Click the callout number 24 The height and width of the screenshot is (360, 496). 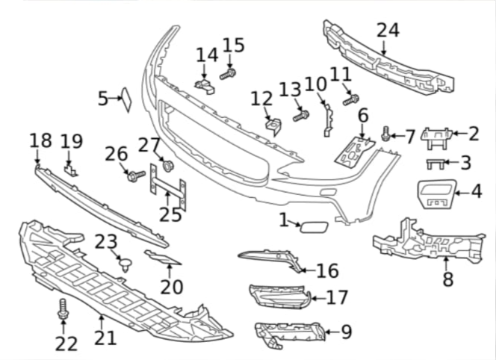point(388,31)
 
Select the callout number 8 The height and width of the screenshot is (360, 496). point(447,280)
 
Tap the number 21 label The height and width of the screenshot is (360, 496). point(105,338)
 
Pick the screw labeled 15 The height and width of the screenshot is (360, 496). point(227,74)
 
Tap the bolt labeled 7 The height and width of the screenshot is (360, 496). point(386,134)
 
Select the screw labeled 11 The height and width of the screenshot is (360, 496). point(351,98)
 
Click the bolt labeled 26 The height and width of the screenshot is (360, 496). point(135,176)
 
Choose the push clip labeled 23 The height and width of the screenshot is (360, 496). point(125,262)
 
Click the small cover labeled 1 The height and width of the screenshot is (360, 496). point(310,224)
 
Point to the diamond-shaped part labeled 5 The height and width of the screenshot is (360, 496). point(126,99)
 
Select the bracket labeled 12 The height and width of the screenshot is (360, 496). point(272,124)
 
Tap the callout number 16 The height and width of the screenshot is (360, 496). point(327,271)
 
